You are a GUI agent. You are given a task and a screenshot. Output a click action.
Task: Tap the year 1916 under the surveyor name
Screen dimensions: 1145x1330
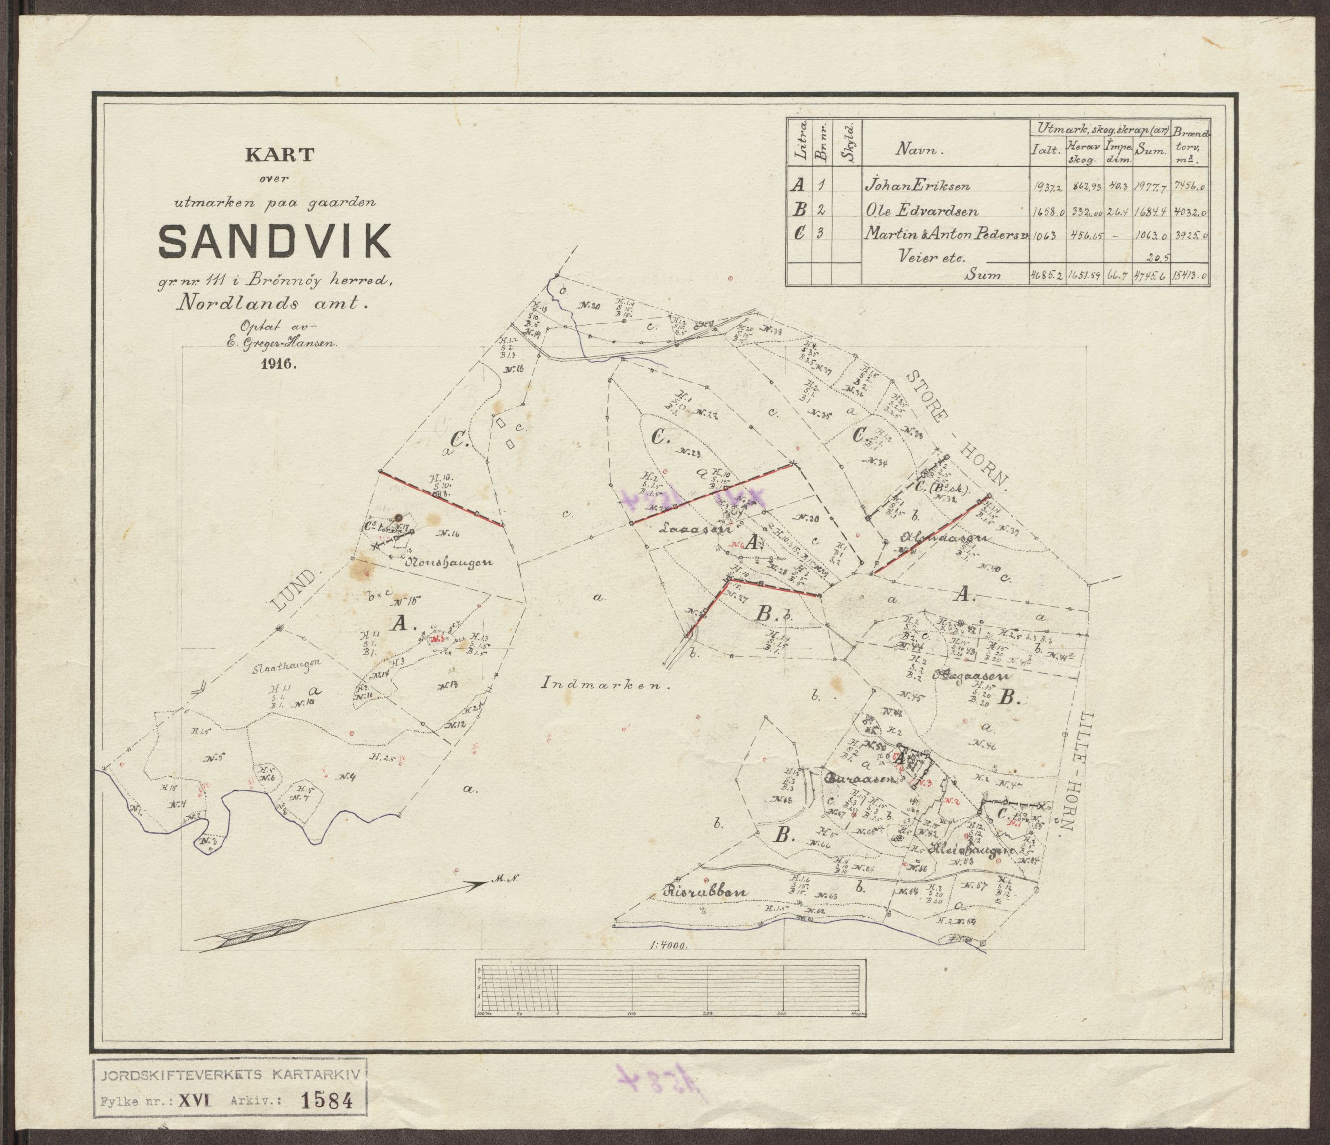tap(277, 363)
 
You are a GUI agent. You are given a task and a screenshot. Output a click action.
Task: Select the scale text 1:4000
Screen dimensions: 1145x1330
tap(668, 963)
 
